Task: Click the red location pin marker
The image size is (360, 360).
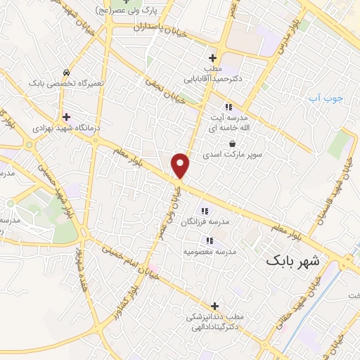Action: tap(181, 165)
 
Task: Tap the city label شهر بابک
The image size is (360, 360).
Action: tap(292, 261)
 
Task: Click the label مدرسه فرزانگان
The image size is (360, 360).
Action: tap(210, 222)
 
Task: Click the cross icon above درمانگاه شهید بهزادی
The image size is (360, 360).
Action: tap(66, 117)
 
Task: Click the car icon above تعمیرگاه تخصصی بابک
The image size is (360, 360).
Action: tap(66, 72)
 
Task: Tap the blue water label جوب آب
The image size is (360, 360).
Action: tap(326, 98)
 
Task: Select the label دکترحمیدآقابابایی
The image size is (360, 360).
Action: tap(213, 79)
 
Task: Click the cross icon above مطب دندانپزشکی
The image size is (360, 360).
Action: tap(214, 306)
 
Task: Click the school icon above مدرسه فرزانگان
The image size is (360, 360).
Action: tap(205, 210)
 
